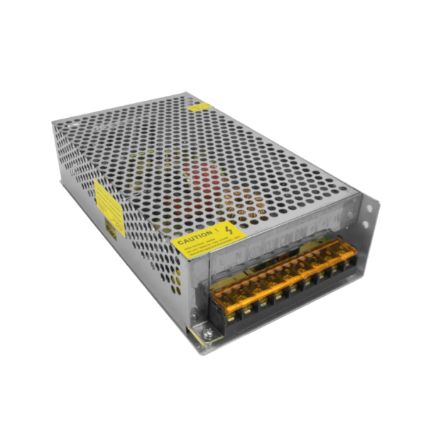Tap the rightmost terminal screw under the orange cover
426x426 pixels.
click(349, 259)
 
